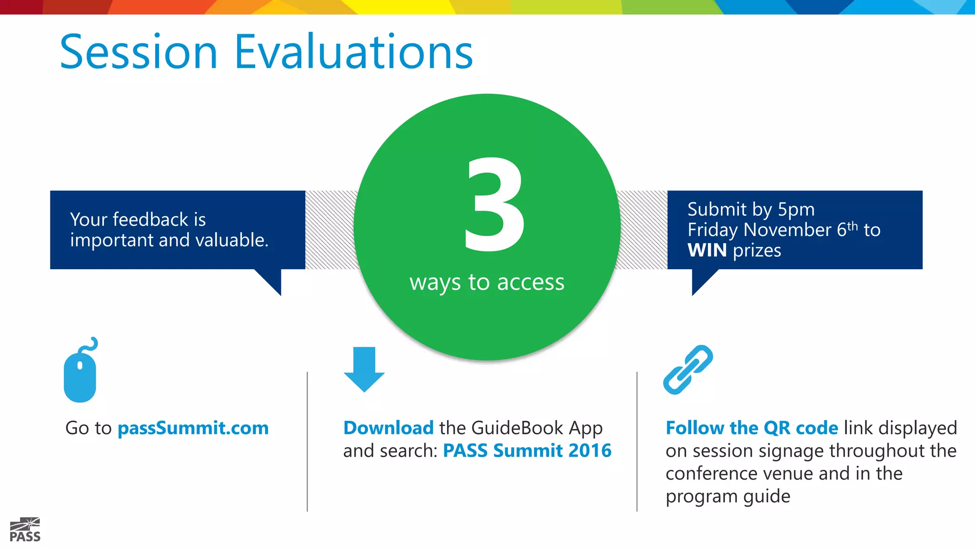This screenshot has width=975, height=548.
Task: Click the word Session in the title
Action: pos(139,52)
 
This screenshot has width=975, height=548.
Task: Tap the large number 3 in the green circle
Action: pos(494,205)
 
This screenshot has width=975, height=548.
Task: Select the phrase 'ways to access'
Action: pos(487,283)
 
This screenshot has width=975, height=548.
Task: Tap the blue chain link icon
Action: pos(688,370)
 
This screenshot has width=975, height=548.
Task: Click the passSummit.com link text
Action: pos(193,428)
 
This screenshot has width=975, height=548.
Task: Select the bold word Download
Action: pos(388,428)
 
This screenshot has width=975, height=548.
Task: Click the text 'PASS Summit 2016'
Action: pos(527,450)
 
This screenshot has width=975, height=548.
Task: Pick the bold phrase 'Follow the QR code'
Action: pos(752,428)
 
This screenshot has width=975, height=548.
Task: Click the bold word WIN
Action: pos(707,250)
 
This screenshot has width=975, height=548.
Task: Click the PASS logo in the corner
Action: pos(25,530)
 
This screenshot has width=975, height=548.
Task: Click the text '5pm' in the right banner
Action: pos(796,210)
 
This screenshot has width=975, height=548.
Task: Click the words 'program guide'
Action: pos(728,497)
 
